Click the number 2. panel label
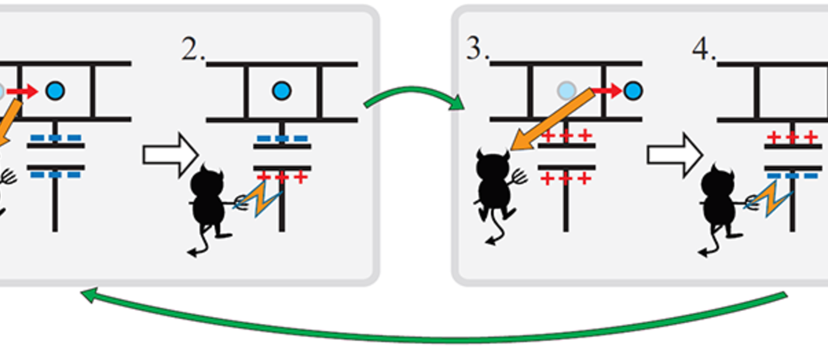(x=193, y=52)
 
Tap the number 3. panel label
(x=478, y=50)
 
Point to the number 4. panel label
(x=704, y=50)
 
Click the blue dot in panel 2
(x=281, y=91)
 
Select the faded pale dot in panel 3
(x=566, y=91)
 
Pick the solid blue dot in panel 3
(x=632, y=91)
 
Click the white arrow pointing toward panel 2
(x=170, y=155)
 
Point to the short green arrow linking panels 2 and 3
(x=414, y=96)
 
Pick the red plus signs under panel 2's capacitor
(x=281, y=177)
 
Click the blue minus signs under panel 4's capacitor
(x=792, y=176)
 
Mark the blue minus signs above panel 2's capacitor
(x=281, y=139)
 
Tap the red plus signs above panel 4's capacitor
(x=792, y=138)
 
